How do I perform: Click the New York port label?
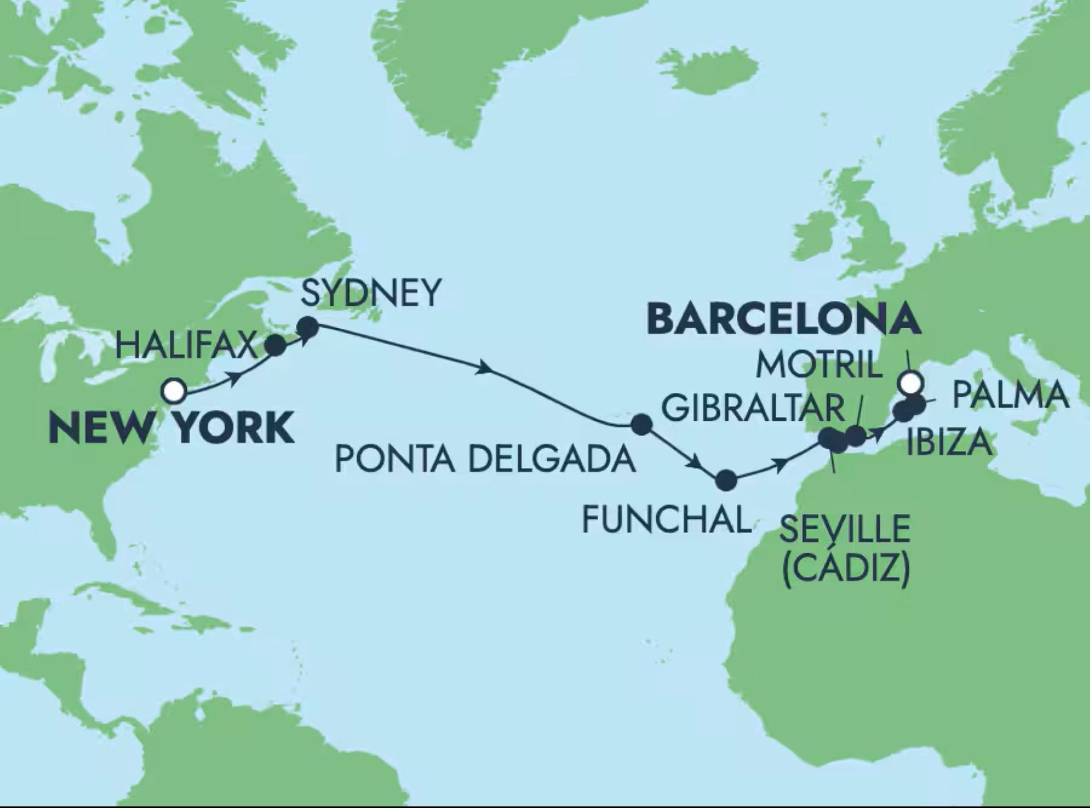click(172, 428)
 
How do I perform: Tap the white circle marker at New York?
click(173, 391)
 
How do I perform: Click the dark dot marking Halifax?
click(276, 345)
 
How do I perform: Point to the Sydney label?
click(370, 294)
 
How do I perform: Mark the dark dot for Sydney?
click(308, 326)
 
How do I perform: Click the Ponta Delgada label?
click(485, 459)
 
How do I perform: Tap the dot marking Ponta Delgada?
click(642, 424)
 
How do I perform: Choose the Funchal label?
click(666, 520)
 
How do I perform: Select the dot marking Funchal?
click(726, 481)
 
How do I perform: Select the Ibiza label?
click(949, 443)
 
